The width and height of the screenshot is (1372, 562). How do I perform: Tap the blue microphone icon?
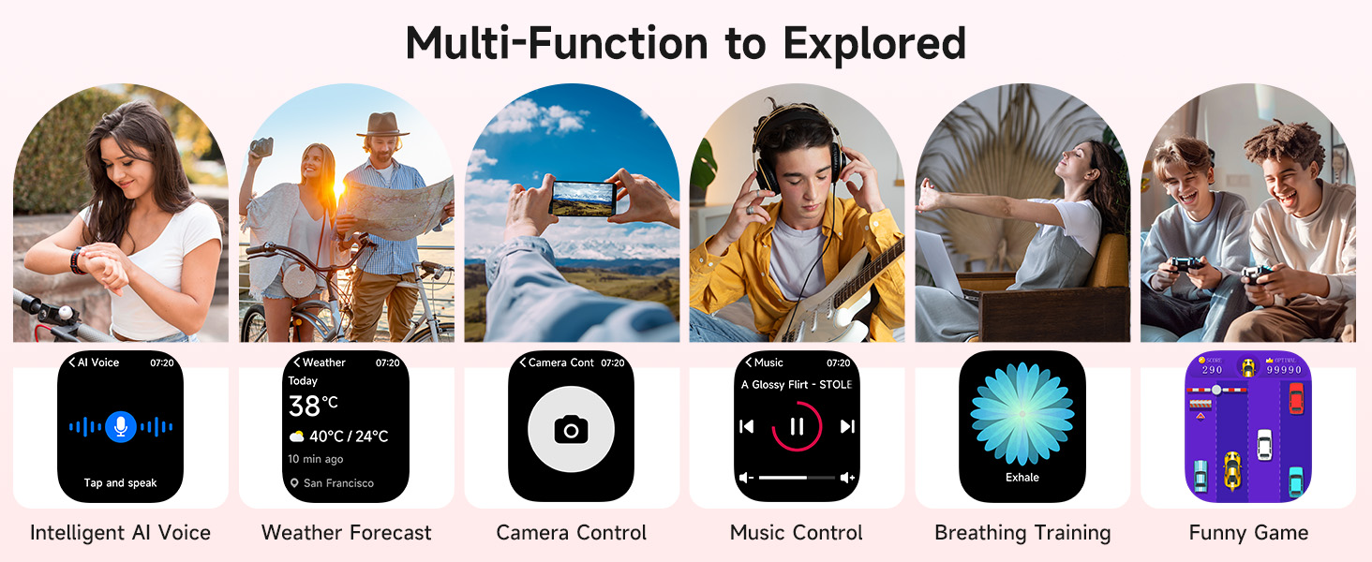119,426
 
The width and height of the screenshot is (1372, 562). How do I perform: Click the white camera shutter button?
571,429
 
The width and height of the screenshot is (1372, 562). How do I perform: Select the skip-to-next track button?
847,427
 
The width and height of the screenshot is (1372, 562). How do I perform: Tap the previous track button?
747,427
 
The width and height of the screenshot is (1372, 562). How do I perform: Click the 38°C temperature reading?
313,406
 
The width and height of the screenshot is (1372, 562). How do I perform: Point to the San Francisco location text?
338,483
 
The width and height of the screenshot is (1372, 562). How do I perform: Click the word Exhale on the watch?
1022,477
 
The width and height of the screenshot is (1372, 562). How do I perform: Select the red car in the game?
1295,397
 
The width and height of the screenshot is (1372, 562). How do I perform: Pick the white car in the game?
1264,443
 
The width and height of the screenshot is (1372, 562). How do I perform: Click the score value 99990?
1283,370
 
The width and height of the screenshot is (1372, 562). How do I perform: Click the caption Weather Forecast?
347,533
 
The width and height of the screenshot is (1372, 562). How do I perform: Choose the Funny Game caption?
1248,533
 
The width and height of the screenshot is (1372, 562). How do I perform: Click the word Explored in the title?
874,43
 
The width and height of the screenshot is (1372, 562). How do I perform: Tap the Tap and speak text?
120,483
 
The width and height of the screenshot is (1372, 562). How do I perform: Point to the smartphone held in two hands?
582,198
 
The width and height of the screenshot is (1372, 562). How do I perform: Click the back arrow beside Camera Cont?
523,362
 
